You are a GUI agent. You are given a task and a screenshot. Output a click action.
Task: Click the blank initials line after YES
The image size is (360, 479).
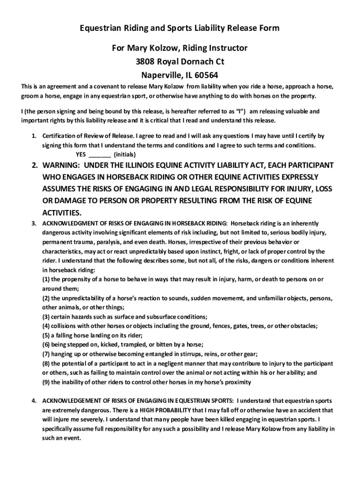(99, 154)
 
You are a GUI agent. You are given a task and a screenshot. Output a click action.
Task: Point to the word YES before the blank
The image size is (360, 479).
(81, 154)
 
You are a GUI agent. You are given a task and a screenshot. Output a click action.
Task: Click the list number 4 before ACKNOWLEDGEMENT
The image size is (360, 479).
(34, 401)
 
